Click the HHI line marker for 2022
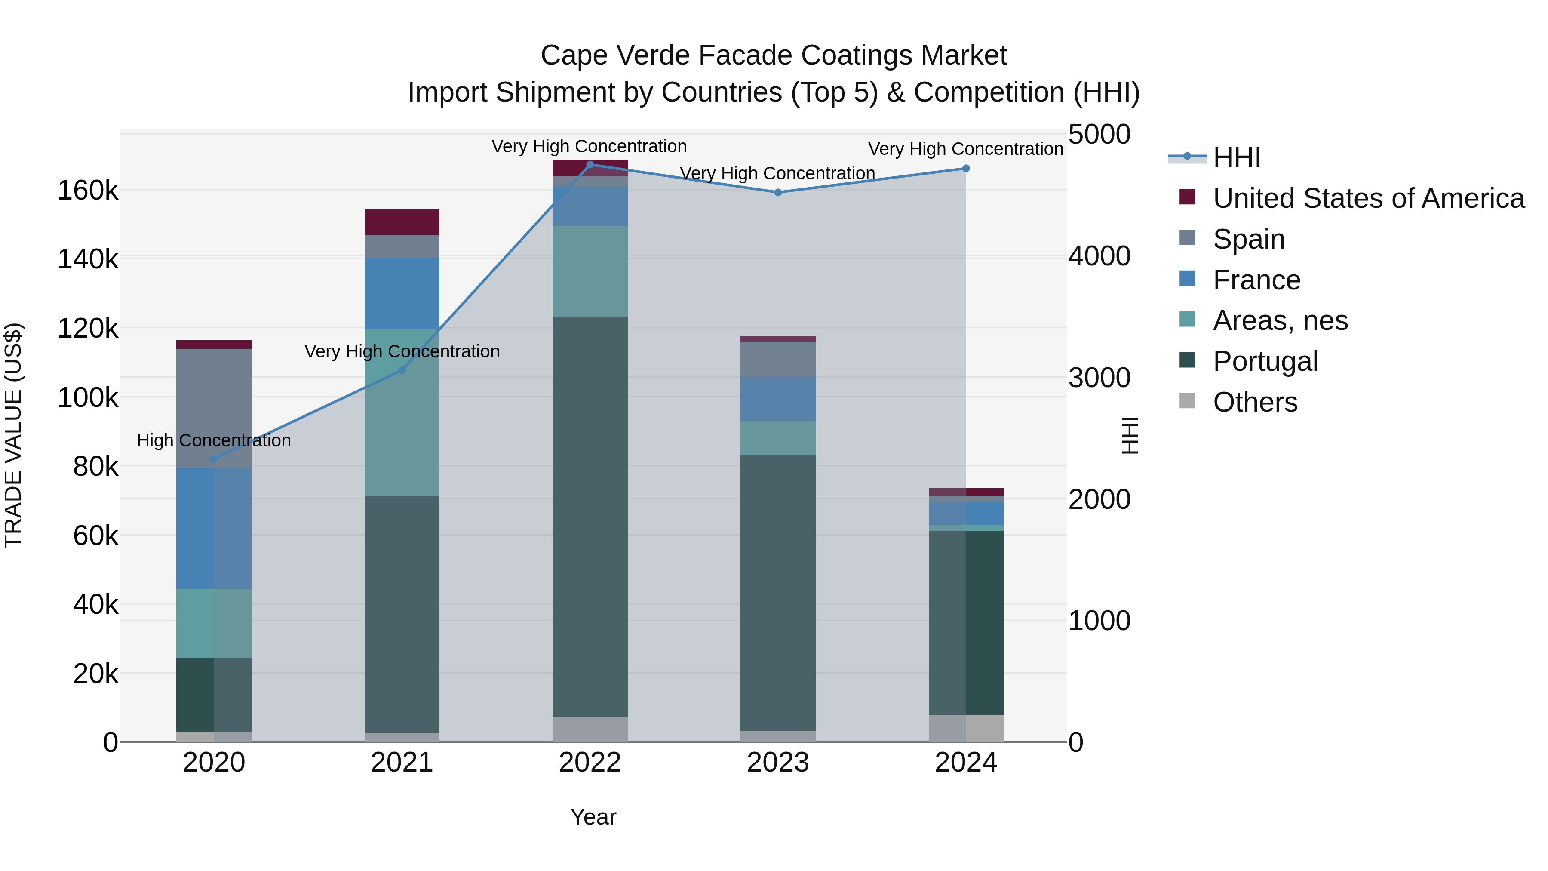tap(590, 165)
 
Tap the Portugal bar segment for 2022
tap(590, 517)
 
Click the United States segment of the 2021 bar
tap(402, 222)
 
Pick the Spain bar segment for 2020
tap(214, 409)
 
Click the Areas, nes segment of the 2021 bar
tap(402, 412)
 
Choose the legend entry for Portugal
tap(1265, 361)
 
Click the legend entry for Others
tap(1255, 402)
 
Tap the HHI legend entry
tap(1236, 157)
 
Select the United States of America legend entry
tap(1368, 198)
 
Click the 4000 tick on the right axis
tap(1099, 256)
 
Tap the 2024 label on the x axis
tap(966, 763)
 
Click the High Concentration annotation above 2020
tap(214, 440)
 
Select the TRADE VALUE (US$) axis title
tap(13, 435)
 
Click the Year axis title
tap(593, 817)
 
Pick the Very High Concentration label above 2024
tap(966, 149)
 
